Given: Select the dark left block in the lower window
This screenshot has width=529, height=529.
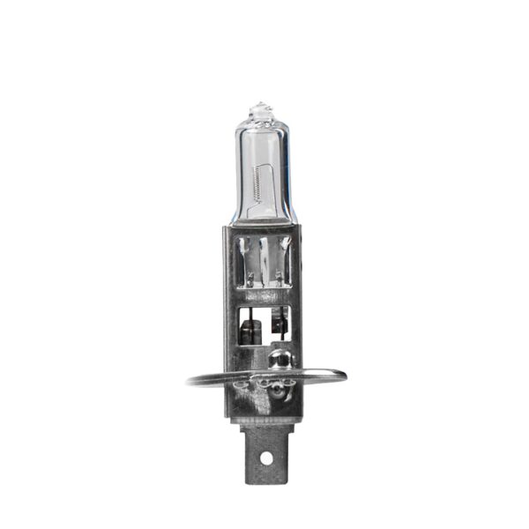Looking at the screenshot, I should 249,330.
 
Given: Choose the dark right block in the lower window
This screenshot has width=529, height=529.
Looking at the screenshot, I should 279,324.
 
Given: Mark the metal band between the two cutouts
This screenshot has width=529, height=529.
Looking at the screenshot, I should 264,296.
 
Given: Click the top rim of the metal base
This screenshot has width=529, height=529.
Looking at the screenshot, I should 264,228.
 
